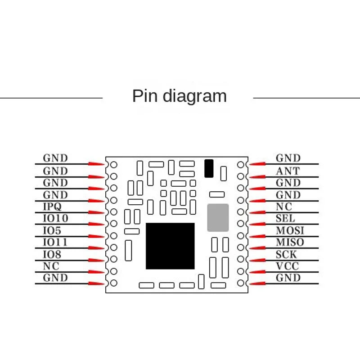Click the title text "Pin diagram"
[179, 96]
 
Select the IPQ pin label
[52, 207]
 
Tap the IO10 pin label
[55, 218]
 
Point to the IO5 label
[52, 230]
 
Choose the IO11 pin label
[55, 242]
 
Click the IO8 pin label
[52, 254]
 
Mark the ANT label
[288, 171]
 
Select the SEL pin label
[285, 218]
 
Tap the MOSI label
[290, 230]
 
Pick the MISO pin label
[290, 242]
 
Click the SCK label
[286, 254]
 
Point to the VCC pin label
[288, 266]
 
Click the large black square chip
[170, 246]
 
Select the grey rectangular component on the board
[218, 218]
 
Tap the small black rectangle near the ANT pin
[208, 168]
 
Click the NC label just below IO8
[51, 266]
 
